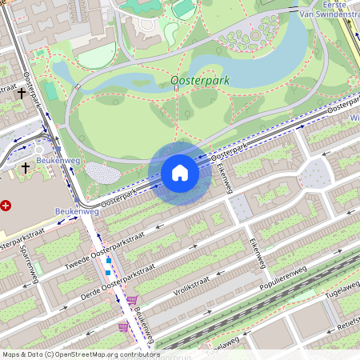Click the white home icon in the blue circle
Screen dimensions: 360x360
[x=180, y=173]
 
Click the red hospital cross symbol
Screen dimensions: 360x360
[x=6, y=206]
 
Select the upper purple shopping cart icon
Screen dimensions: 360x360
[x=132, y=300]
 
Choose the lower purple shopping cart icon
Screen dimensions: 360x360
[x=122, y=326]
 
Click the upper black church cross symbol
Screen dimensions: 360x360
[x=21, y=94]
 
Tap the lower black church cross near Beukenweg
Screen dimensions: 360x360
[x=26, y=167]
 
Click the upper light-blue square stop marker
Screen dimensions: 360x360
[x=109, y=261]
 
